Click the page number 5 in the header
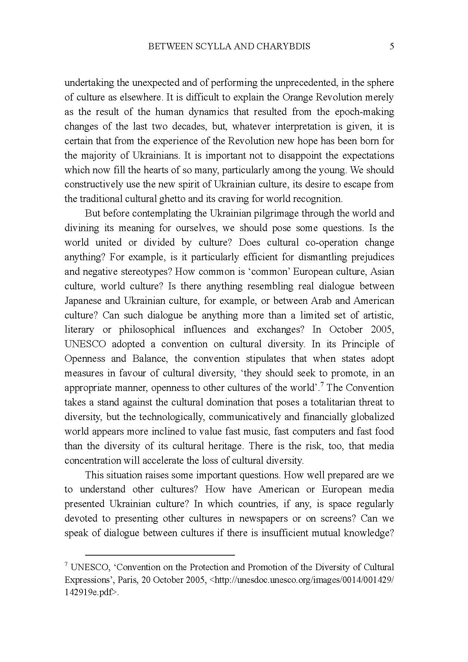(391, 46)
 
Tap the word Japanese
(83, 301)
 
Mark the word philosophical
(147, 330)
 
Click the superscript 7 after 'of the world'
(322, 385)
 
